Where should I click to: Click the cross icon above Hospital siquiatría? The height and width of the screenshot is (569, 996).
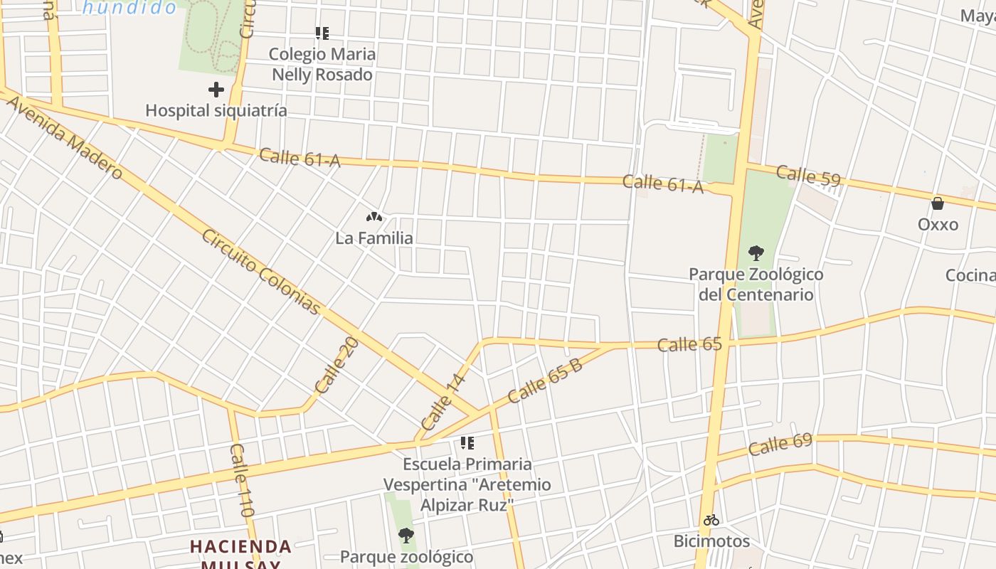[x=216, y=90]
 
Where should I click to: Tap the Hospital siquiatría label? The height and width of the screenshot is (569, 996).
[x=216, y=111]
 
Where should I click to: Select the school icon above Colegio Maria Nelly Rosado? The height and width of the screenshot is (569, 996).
[x=322, y=33]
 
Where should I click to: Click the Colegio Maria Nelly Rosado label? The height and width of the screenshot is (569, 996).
[x=322, y=64]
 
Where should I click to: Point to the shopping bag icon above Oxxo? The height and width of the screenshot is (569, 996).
[x=938, y=203]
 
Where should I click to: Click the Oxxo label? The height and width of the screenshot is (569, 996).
[x=938, y=225]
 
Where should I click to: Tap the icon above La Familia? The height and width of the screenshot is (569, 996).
[x=374, y=216]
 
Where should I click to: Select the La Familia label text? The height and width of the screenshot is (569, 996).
[x=374, y=238]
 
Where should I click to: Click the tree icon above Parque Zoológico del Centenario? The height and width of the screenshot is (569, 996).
[x=756, y=252]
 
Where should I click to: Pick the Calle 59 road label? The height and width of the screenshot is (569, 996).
[x=808, y=175]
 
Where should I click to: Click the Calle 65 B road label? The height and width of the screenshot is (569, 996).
[x=545, y=381]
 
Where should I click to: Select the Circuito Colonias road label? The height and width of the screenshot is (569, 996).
[x=260, y=271]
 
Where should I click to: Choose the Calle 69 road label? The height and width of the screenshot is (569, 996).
[x=780, y=445]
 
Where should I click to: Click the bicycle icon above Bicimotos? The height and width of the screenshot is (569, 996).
[x=711, y=520]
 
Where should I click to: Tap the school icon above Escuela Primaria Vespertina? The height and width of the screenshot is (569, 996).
[x=467, y=443]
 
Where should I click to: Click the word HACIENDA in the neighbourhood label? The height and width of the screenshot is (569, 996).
[x=240, y=547]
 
